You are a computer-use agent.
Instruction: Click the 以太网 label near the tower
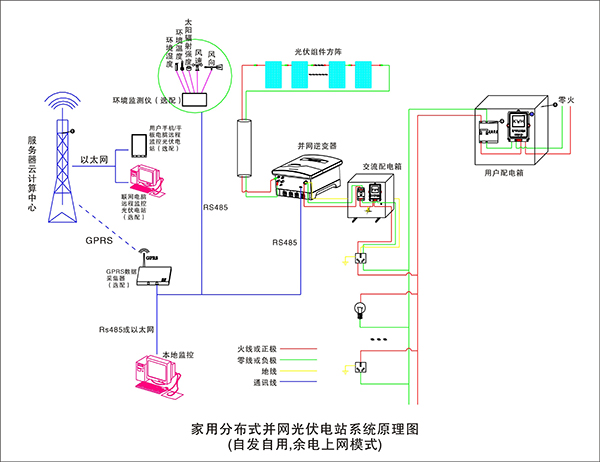95,159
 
